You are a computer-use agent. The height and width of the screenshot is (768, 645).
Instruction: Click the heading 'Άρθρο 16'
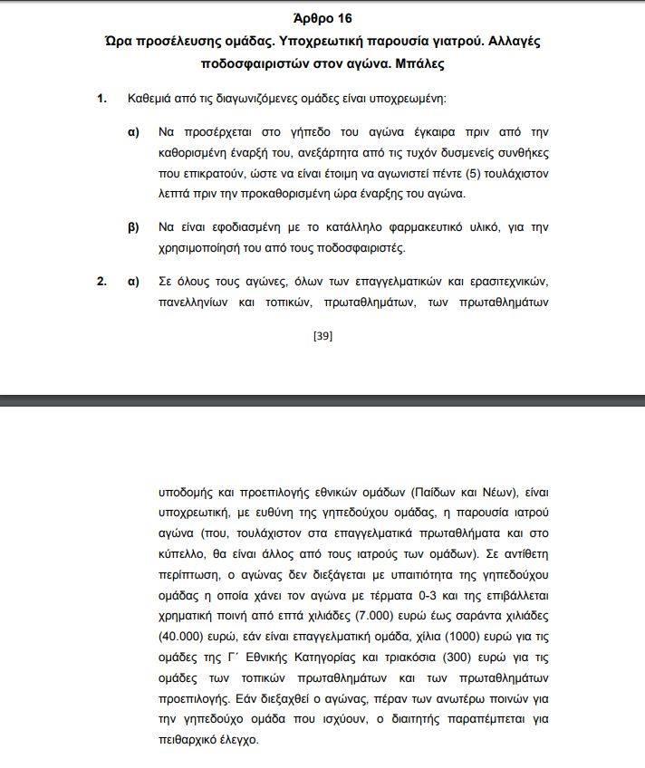(x=323, y=18)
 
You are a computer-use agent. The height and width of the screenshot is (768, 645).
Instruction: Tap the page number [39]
(x=322, y=335)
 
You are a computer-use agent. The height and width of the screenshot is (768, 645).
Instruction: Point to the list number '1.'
(x=102, y=98)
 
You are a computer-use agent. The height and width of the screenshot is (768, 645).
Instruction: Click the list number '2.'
(x=102, y=281)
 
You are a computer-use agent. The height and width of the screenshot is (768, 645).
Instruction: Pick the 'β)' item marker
(x=133, y=227)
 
